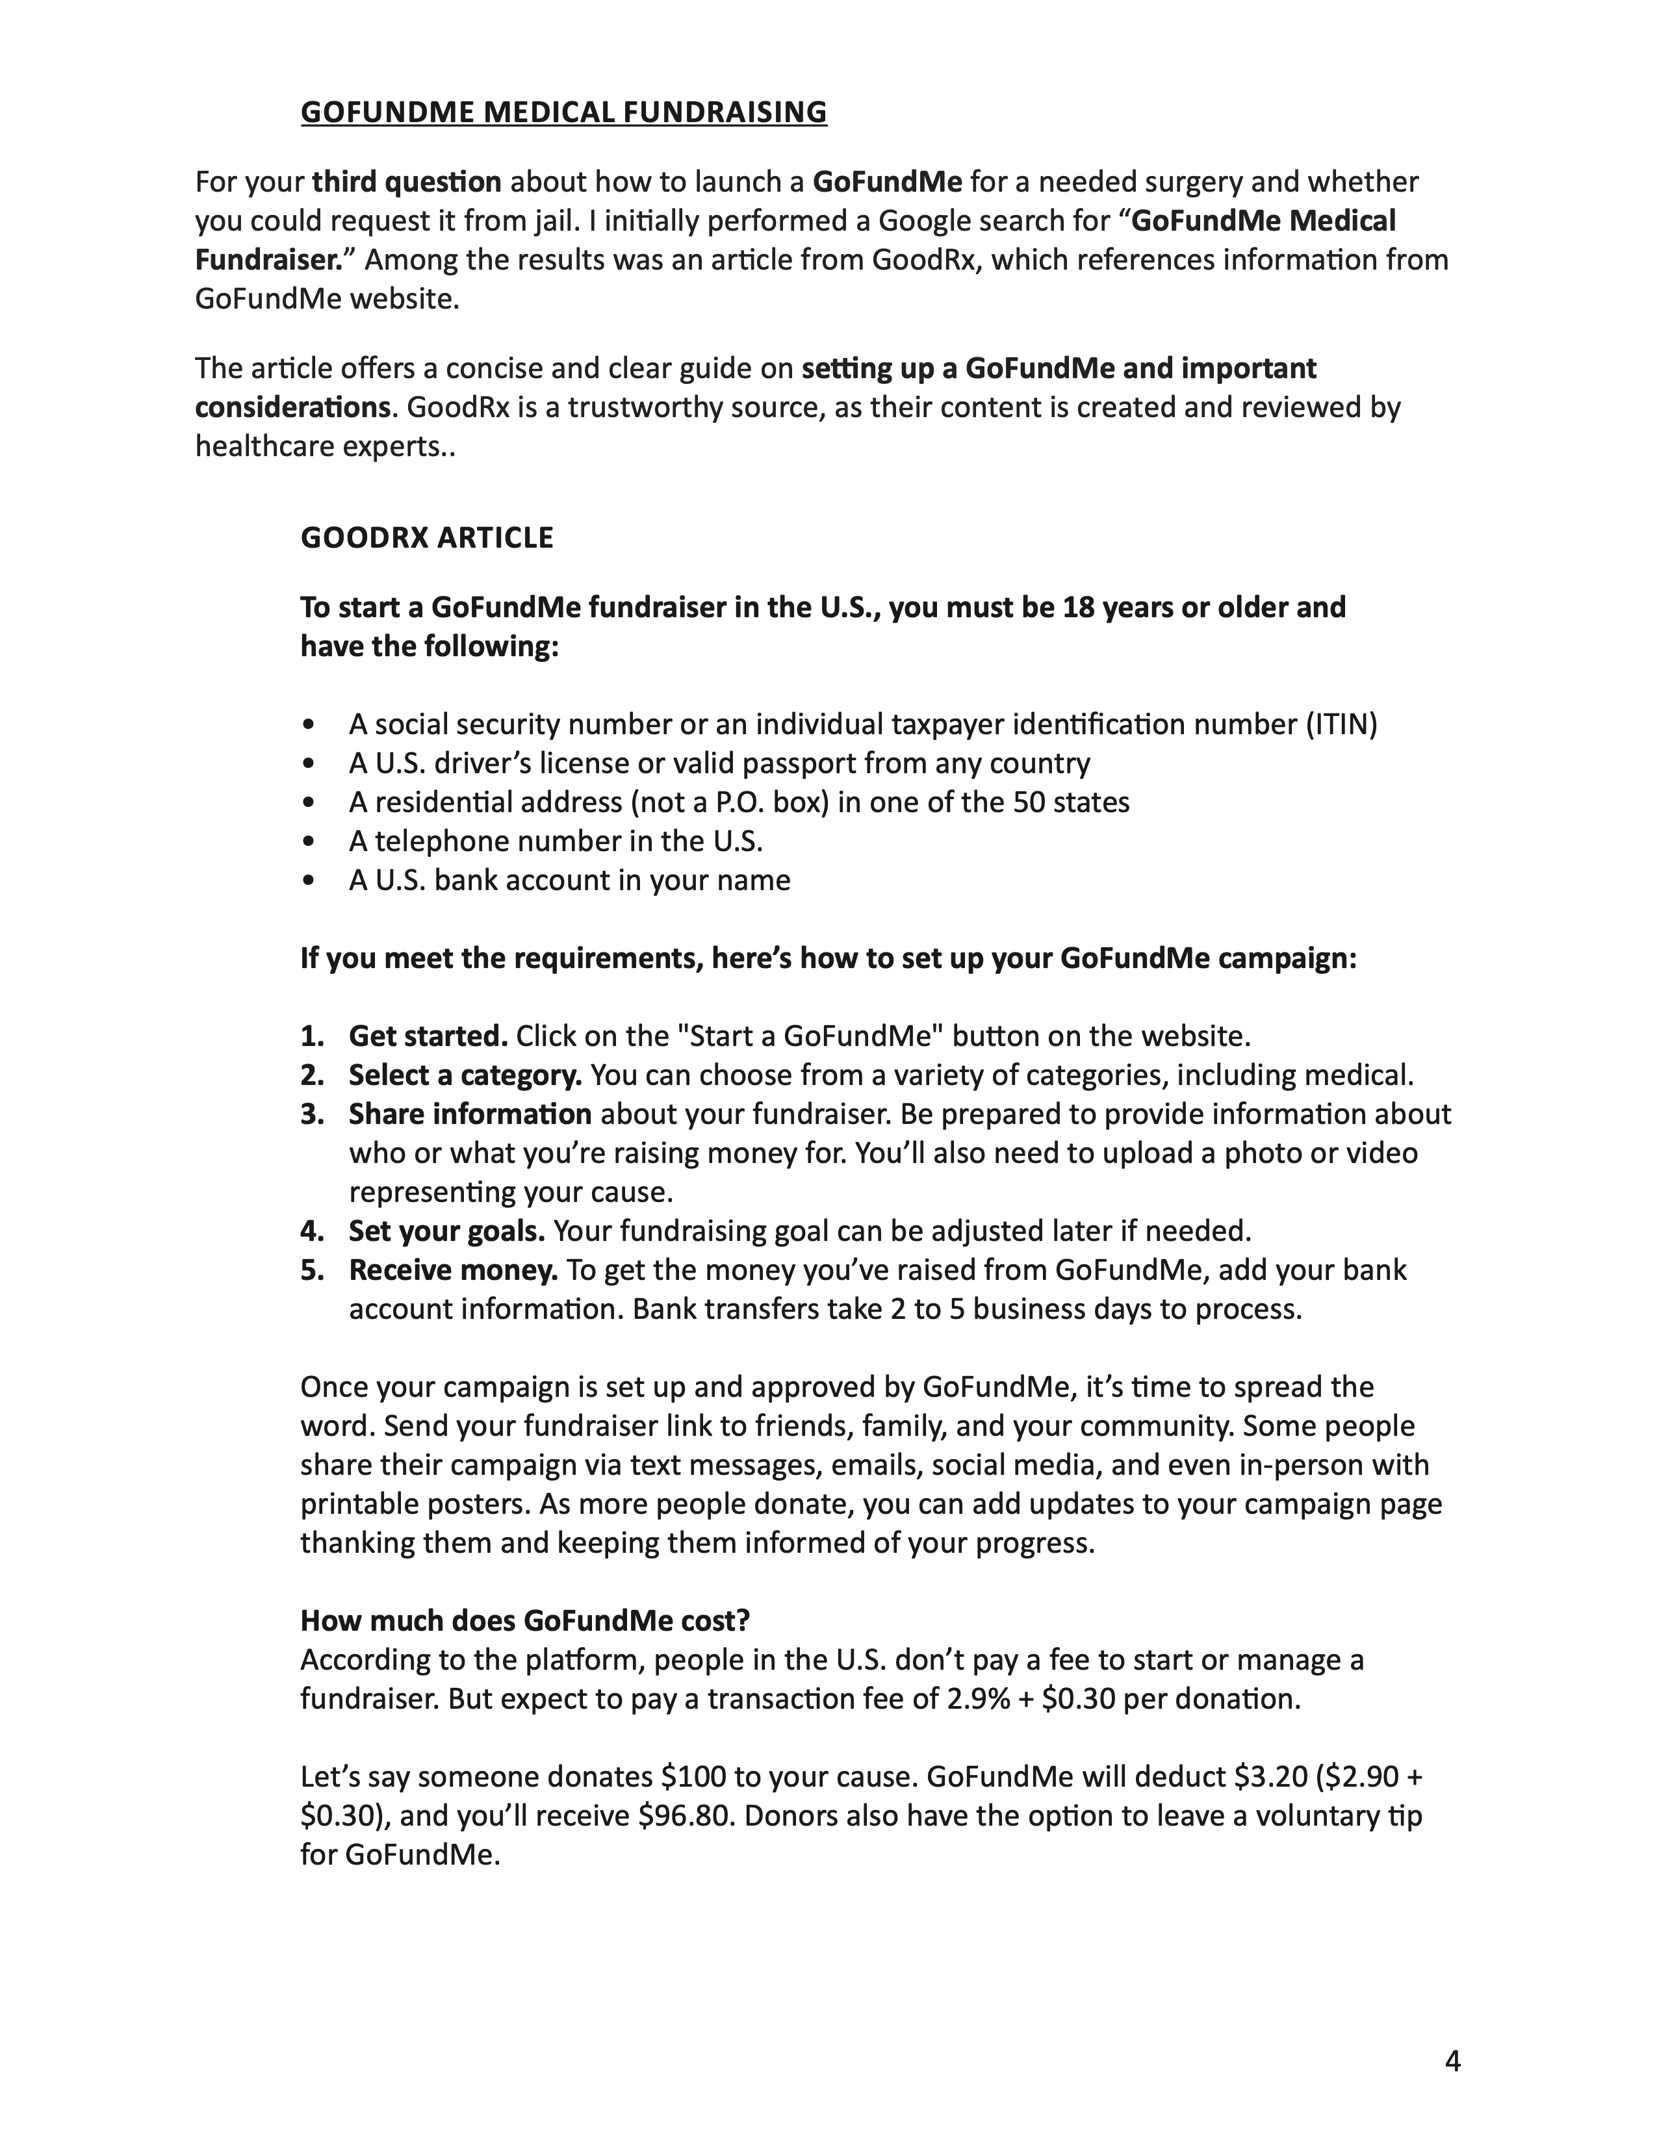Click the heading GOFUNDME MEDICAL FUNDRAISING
(563, 112)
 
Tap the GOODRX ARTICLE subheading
(427, 538)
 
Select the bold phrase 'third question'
(406, 183)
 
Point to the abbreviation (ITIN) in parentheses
(1341, 724)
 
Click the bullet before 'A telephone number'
(309, 842)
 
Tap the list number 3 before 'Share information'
(311, 1114)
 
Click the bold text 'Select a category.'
(465, 1076)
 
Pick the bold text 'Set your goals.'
(446, 1231)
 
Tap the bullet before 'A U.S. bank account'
(309, 880)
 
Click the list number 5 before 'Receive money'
(311, 1270)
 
